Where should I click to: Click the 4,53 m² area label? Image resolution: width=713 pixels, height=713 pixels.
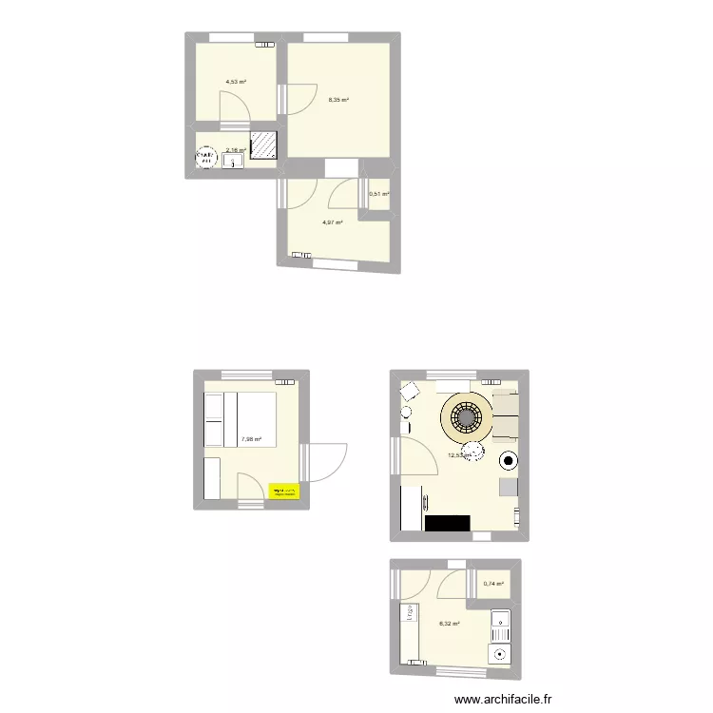236,83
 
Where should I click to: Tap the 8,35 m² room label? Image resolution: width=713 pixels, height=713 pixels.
338,99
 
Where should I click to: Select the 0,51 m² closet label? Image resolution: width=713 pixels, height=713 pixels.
379,195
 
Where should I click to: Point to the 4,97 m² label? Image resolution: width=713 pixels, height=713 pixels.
332,222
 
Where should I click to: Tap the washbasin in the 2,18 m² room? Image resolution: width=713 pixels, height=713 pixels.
234,163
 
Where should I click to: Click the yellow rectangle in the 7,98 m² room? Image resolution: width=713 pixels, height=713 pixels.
284,491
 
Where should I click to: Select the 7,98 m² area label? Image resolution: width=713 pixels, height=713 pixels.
252,439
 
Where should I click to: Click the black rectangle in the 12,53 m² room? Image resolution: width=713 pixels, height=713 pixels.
448,523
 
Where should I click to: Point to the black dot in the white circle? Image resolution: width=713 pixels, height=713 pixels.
509,462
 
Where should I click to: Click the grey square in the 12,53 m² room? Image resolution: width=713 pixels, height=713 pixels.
509,487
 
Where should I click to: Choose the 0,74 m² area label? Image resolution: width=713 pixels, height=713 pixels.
493,585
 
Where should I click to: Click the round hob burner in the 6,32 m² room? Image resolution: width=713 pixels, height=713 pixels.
499,653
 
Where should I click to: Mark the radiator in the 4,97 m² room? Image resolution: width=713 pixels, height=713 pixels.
302,255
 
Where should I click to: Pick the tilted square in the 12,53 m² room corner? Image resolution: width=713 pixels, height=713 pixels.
411,392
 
